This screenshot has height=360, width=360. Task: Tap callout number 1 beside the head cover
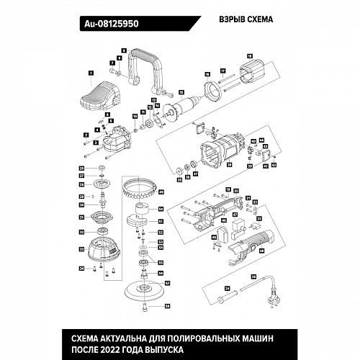tap(91, 73)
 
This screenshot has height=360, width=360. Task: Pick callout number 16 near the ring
tap(207, 74)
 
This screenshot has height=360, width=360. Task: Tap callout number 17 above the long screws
tap(223, 70)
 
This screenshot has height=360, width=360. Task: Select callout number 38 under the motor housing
tap(229, 165)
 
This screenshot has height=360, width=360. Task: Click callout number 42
tap(274, 165)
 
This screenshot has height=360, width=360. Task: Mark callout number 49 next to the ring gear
tap(161, 192)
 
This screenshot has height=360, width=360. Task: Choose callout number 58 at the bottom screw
tap(167, 306)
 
